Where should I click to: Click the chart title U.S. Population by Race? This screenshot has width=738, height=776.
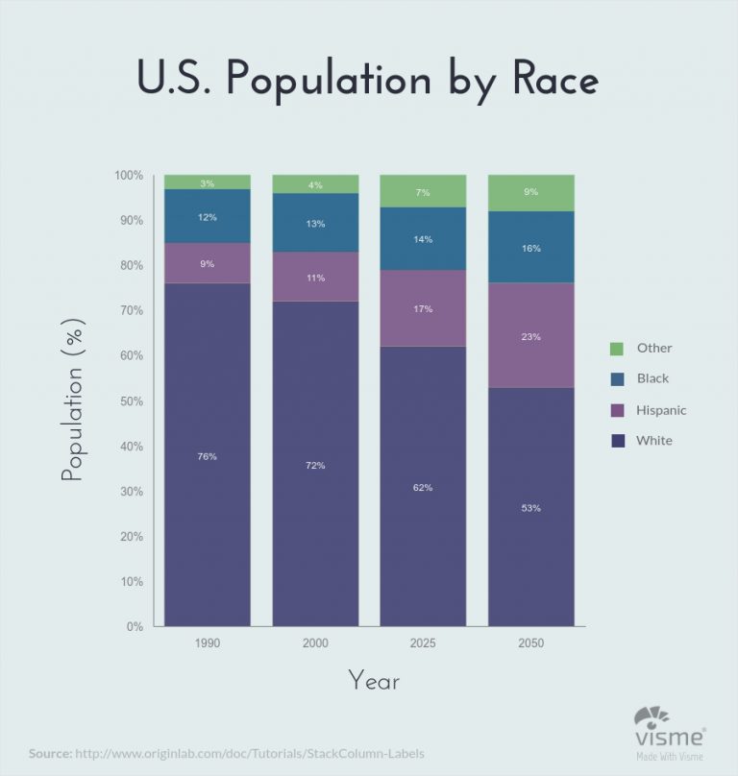(368, 80)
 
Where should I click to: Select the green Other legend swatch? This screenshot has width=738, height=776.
(618, 348)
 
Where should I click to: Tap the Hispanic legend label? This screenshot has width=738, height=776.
(661, 410)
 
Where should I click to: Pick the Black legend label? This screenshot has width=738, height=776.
(652, 378)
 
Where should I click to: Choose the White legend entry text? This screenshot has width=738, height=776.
(654, 441)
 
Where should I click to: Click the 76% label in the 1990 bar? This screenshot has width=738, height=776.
(208, 456)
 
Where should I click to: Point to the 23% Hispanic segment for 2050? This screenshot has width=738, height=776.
(531, 337)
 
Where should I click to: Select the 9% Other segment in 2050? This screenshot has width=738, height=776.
(531, 193)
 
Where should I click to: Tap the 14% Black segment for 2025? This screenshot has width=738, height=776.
(423, 239)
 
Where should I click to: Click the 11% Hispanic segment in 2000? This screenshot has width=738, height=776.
(315, 278)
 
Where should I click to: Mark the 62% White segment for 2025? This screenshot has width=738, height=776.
(423, 487)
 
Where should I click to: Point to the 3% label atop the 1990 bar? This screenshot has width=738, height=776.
(208, 182)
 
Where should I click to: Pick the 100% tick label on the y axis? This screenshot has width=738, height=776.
(128, 176)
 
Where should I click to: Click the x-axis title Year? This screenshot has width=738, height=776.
(374, 682)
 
